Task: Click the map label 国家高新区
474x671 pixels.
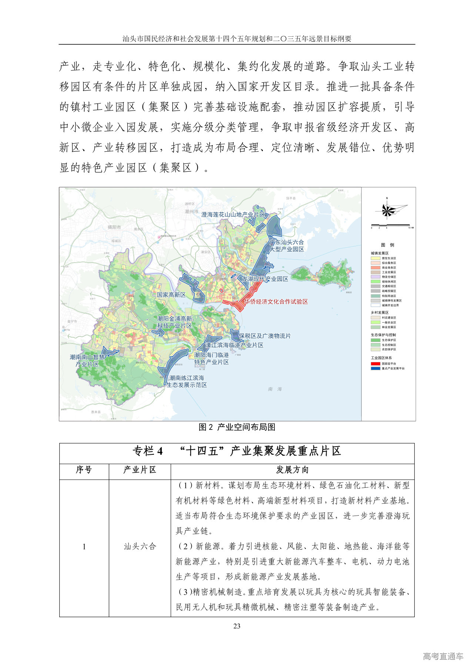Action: [x=171, y=295]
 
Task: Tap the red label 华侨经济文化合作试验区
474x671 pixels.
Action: [x=276, y=302]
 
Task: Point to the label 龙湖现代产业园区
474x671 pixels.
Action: [x=265, y=279]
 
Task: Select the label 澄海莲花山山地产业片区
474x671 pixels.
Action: [x=233, y=214]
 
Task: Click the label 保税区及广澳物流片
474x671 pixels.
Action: [x=265, y=336]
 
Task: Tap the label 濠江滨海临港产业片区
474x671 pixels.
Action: [x=234, y=345]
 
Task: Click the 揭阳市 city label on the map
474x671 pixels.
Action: [x=114, y=227]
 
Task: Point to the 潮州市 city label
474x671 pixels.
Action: [x=191, y=211]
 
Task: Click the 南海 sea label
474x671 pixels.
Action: [x=275, y=389]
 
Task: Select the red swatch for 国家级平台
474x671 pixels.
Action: [x=375, y=364]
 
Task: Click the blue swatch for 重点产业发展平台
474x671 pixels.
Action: [x=375, y=368]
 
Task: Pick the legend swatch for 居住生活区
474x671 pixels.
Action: [x=375, y=258]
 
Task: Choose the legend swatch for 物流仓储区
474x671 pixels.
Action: [x=375, y=277]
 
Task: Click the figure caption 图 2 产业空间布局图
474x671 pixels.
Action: [x=237, y=427]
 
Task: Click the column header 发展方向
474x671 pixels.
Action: [x=292, y=470]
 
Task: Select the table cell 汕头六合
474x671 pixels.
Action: [x=140, y=546]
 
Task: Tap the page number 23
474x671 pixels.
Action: [x=237, y=626]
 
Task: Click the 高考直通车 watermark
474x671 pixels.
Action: [x=443, y=656]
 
